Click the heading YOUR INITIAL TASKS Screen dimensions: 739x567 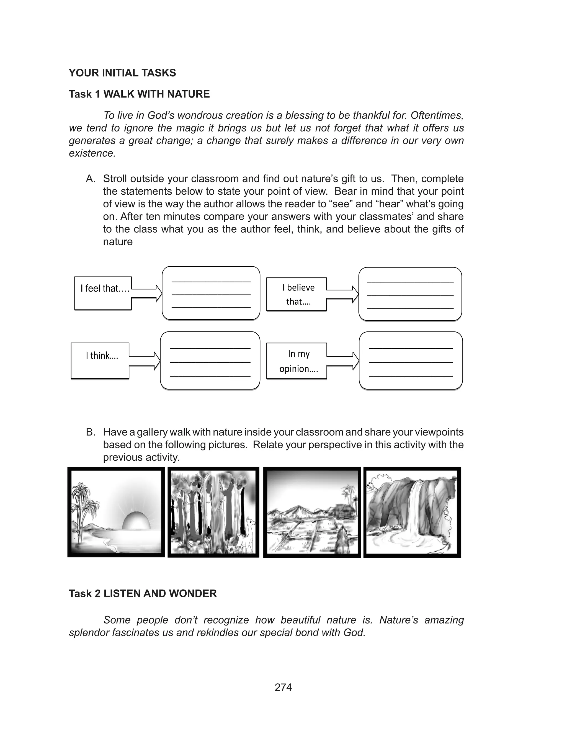[122, 73]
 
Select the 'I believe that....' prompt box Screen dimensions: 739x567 [296, 294]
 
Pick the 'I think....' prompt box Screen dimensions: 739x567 [100, 361]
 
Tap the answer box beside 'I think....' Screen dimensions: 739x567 [210, 361]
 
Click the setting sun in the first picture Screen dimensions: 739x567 [136, 521]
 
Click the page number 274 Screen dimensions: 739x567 [283, 687]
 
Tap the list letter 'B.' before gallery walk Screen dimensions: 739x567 [91, 432]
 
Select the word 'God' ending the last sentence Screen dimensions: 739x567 [354, 632]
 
